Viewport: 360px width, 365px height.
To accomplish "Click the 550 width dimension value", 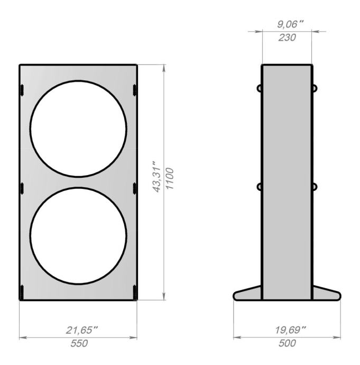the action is pyautogui.click(x=79, y=343).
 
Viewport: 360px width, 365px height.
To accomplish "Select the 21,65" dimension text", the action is pyautogui.click(x=82, y=330).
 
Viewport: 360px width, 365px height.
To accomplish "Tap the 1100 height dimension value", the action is pyautogui.click(x=170, y=179).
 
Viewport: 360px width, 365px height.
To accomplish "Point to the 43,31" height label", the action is pyautogui.click(x=157, y=176).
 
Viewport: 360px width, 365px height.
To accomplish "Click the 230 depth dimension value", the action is pyautogui.click(x=287, y=38).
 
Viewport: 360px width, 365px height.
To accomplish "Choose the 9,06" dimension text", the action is pyautogui.click(x=290, y=24).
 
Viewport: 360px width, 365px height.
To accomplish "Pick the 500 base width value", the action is pyautogui.click(x=287, y=343).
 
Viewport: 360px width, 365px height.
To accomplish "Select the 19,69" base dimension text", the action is pyautogui.click(x=290, y=330).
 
